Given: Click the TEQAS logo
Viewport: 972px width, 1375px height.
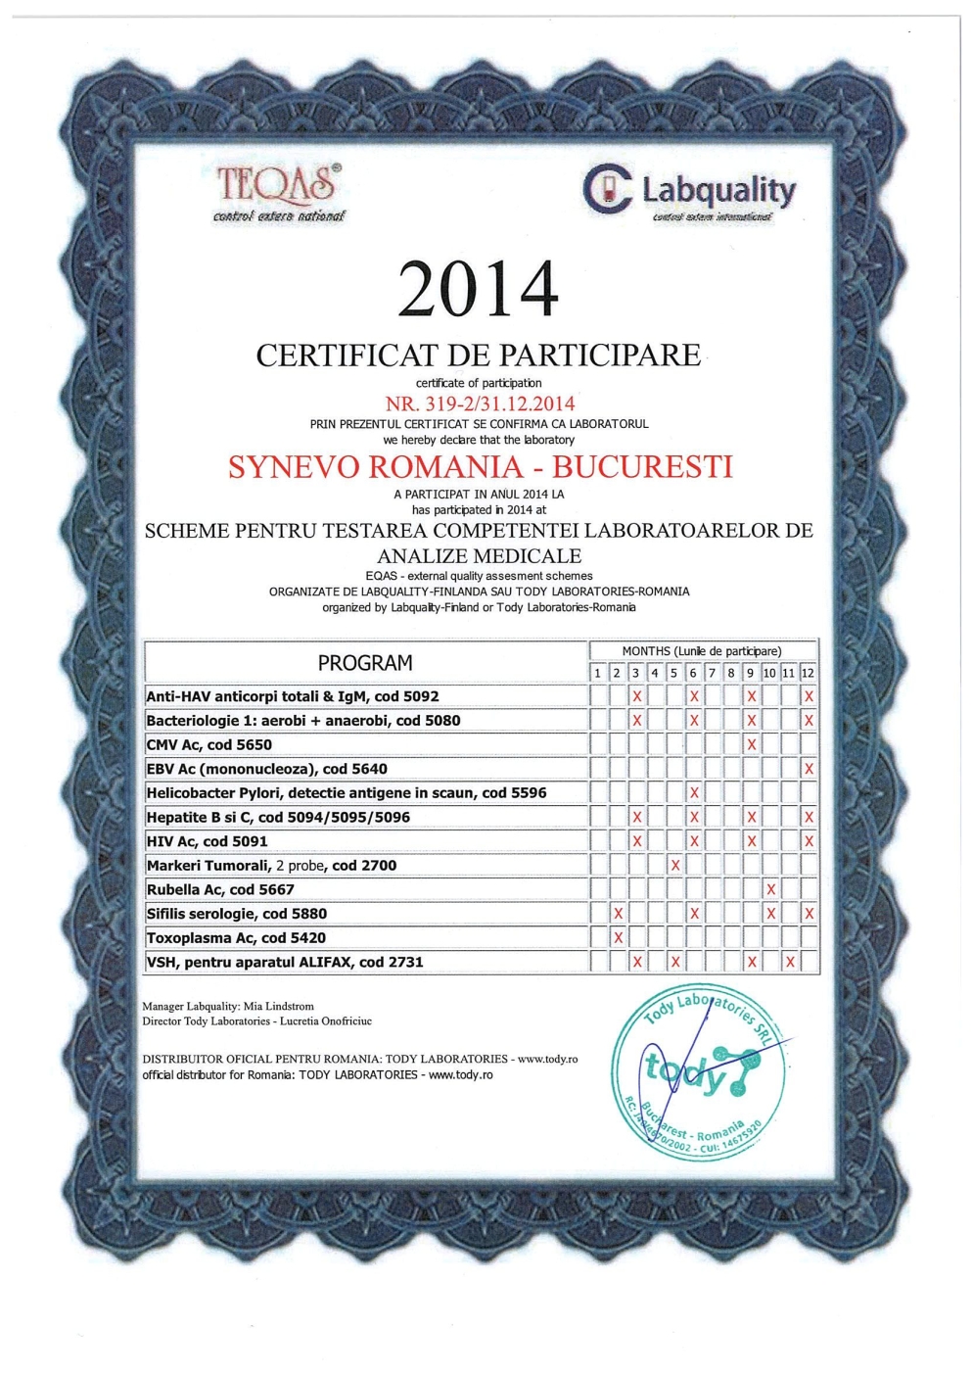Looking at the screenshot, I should point(278,191).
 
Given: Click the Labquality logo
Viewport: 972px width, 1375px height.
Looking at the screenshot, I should point(689,191).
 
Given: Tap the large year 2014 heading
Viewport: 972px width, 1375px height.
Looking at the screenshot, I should point(478,289).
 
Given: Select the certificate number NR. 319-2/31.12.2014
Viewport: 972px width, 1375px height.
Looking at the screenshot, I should point(480,403).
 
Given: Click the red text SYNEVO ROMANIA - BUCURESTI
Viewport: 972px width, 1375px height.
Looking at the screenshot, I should point(480,466).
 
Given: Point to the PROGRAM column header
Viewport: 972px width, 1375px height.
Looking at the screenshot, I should point(364,663).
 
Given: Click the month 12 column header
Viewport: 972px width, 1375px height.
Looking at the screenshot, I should point(808,673).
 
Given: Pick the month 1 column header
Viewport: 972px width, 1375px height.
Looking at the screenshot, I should point(598,673).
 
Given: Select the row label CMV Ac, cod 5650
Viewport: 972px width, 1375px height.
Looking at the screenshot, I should point(208,744).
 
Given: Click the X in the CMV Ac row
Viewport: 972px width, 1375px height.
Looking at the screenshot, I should point(751,744).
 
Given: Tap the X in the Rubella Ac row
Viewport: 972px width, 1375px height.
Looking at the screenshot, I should point(770,889).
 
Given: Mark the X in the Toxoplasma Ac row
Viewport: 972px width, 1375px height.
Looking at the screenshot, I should point(618,937).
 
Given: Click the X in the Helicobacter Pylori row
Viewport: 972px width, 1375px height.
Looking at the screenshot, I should point(694,792).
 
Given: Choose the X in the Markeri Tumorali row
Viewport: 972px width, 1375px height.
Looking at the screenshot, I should point(674,865).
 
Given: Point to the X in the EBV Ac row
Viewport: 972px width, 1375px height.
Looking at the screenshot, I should point(809,769).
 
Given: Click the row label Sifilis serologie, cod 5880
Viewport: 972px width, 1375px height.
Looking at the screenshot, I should point(236,914).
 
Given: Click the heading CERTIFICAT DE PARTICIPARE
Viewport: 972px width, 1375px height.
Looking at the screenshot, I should point(478,355).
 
